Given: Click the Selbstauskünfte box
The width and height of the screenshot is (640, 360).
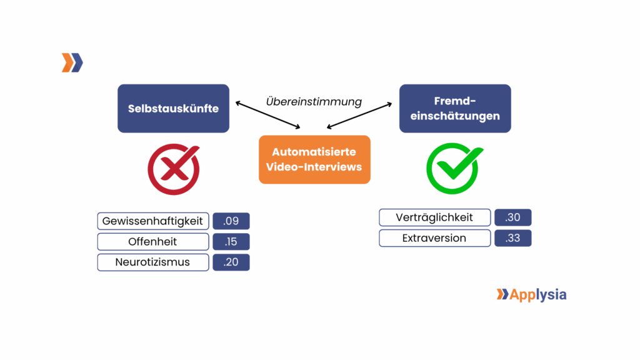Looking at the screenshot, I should pyautogui.click(x=173, y=108).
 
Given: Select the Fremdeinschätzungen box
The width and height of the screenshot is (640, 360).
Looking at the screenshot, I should pyautogui.click(x=455, y=108).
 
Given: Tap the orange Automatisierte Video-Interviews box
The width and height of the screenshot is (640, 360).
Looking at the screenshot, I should pyautogui.click(x=314, y=159).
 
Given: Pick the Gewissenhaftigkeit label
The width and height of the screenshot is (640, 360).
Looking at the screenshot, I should pyautogui.click(x=153, y=221).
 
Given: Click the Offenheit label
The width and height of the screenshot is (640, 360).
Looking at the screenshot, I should pyautogui.click(x=153, y=241).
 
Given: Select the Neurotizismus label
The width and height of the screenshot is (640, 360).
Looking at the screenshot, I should pyautogui.click(x=153, y=262).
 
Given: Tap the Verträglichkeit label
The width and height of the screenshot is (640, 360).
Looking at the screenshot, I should pyautogui.click(x=434, y=217).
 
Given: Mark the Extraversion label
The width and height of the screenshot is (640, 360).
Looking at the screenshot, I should pyautogui.click(x=434, y=238).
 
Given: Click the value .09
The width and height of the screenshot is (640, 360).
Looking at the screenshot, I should pyautogui.click(x=231, y=221).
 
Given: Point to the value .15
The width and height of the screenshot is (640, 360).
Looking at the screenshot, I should pyautogui.click(x=231, y=241).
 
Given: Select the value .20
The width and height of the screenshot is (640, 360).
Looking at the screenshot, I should pyautogui.click(x=231, y=262).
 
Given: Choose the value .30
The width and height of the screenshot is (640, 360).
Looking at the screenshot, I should pyautogui.click(x=512, y=217).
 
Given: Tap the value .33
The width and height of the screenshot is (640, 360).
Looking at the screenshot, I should pyautogui.click(x=512, y=238).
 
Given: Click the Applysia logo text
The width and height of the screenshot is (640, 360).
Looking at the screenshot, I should pyautogui.click(x=537, y=294).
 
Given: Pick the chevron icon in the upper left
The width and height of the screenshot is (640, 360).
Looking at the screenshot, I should pyautogui.click(x=72, y=63).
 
